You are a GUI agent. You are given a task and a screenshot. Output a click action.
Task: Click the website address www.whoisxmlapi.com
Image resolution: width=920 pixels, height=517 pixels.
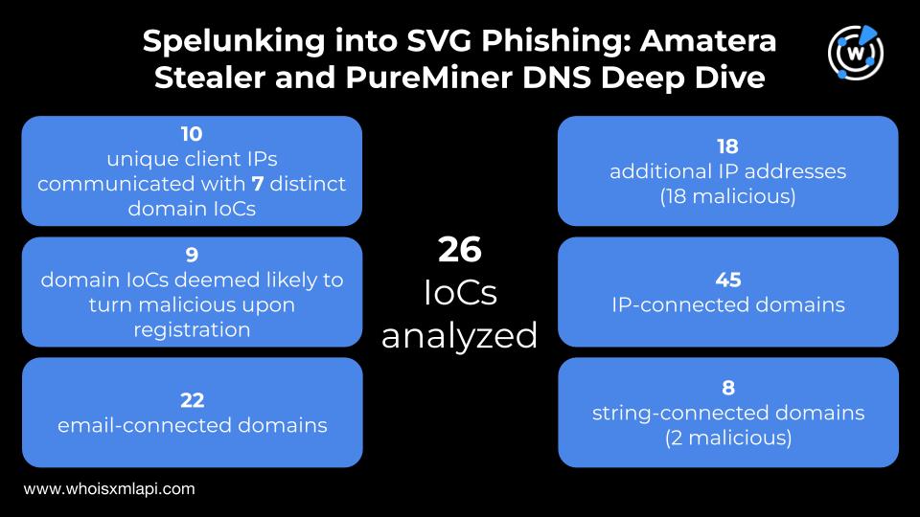click(109, 488)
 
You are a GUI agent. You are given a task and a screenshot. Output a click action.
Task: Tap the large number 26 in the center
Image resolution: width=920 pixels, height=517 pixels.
click(459, 250)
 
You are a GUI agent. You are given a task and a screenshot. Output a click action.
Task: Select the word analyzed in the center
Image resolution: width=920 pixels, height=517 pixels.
click(460, 336)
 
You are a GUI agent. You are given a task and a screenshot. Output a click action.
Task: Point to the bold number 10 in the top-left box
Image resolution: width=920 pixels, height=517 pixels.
click(192, 134)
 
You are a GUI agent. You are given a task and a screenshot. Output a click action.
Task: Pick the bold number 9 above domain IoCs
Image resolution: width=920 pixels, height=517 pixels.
click(192, 255)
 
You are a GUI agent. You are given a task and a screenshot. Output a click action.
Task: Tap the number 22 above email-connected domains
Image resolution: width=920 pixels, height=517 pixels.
click(192, 400)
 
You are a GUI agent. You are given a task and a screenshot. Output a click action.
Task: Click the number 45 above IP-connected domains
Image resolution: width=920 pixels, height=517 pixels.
click(728, 281)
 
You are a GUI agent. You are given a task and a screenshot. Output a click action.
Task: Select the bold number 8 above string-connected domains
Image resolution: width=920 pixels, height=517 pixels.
click(728, 389)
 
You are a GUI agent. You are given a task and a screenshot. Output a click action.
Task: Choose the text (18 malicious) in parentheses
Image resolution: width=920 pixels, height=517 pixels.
click(728, 196)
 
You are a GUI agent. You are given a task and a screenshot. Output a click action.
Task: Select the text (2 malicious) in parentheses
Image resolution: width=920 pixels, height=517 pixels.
click(728, 438)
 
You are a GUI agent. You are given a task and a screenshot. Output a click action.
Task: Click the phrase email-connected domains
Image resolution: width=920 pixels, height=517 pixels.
click(192, 425)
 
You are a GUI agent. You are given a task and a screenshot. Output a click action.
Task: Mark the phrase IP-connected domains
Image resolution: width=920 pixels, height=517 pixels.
click(728, 305)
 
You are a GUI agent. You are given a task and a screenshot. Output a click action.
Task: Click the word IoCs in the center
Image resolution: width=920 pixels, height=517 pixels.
click(460, 293)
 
